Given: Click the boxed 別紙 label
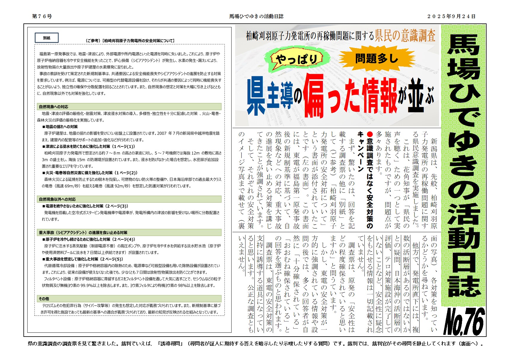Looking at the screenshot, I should point(47,38).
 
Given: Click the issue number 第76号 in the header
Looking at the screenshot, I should point(42,16).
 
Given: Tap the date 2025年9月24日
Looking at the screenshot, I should point(451,16).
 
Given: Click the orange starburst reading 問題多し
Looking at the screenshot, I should point(376,58).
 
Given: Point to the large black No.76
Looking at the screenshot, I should point(464,322).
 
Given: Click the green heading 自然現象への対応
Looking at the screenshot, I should point(54,107).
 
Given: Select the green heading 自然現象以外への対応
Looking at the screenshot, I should point(57,199).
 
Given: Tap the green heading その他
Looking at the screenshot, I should point(44,299).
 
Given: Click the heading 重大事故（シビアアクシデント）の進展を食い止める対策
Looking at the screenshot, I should point(83,232).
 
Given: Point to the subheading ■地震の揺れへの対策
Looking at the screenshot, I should point(60,127).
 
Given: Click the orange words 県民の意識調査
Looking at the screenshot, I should point(405,36).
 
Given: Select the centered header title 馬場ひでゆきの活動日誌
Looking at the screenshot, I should point(256,16).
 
